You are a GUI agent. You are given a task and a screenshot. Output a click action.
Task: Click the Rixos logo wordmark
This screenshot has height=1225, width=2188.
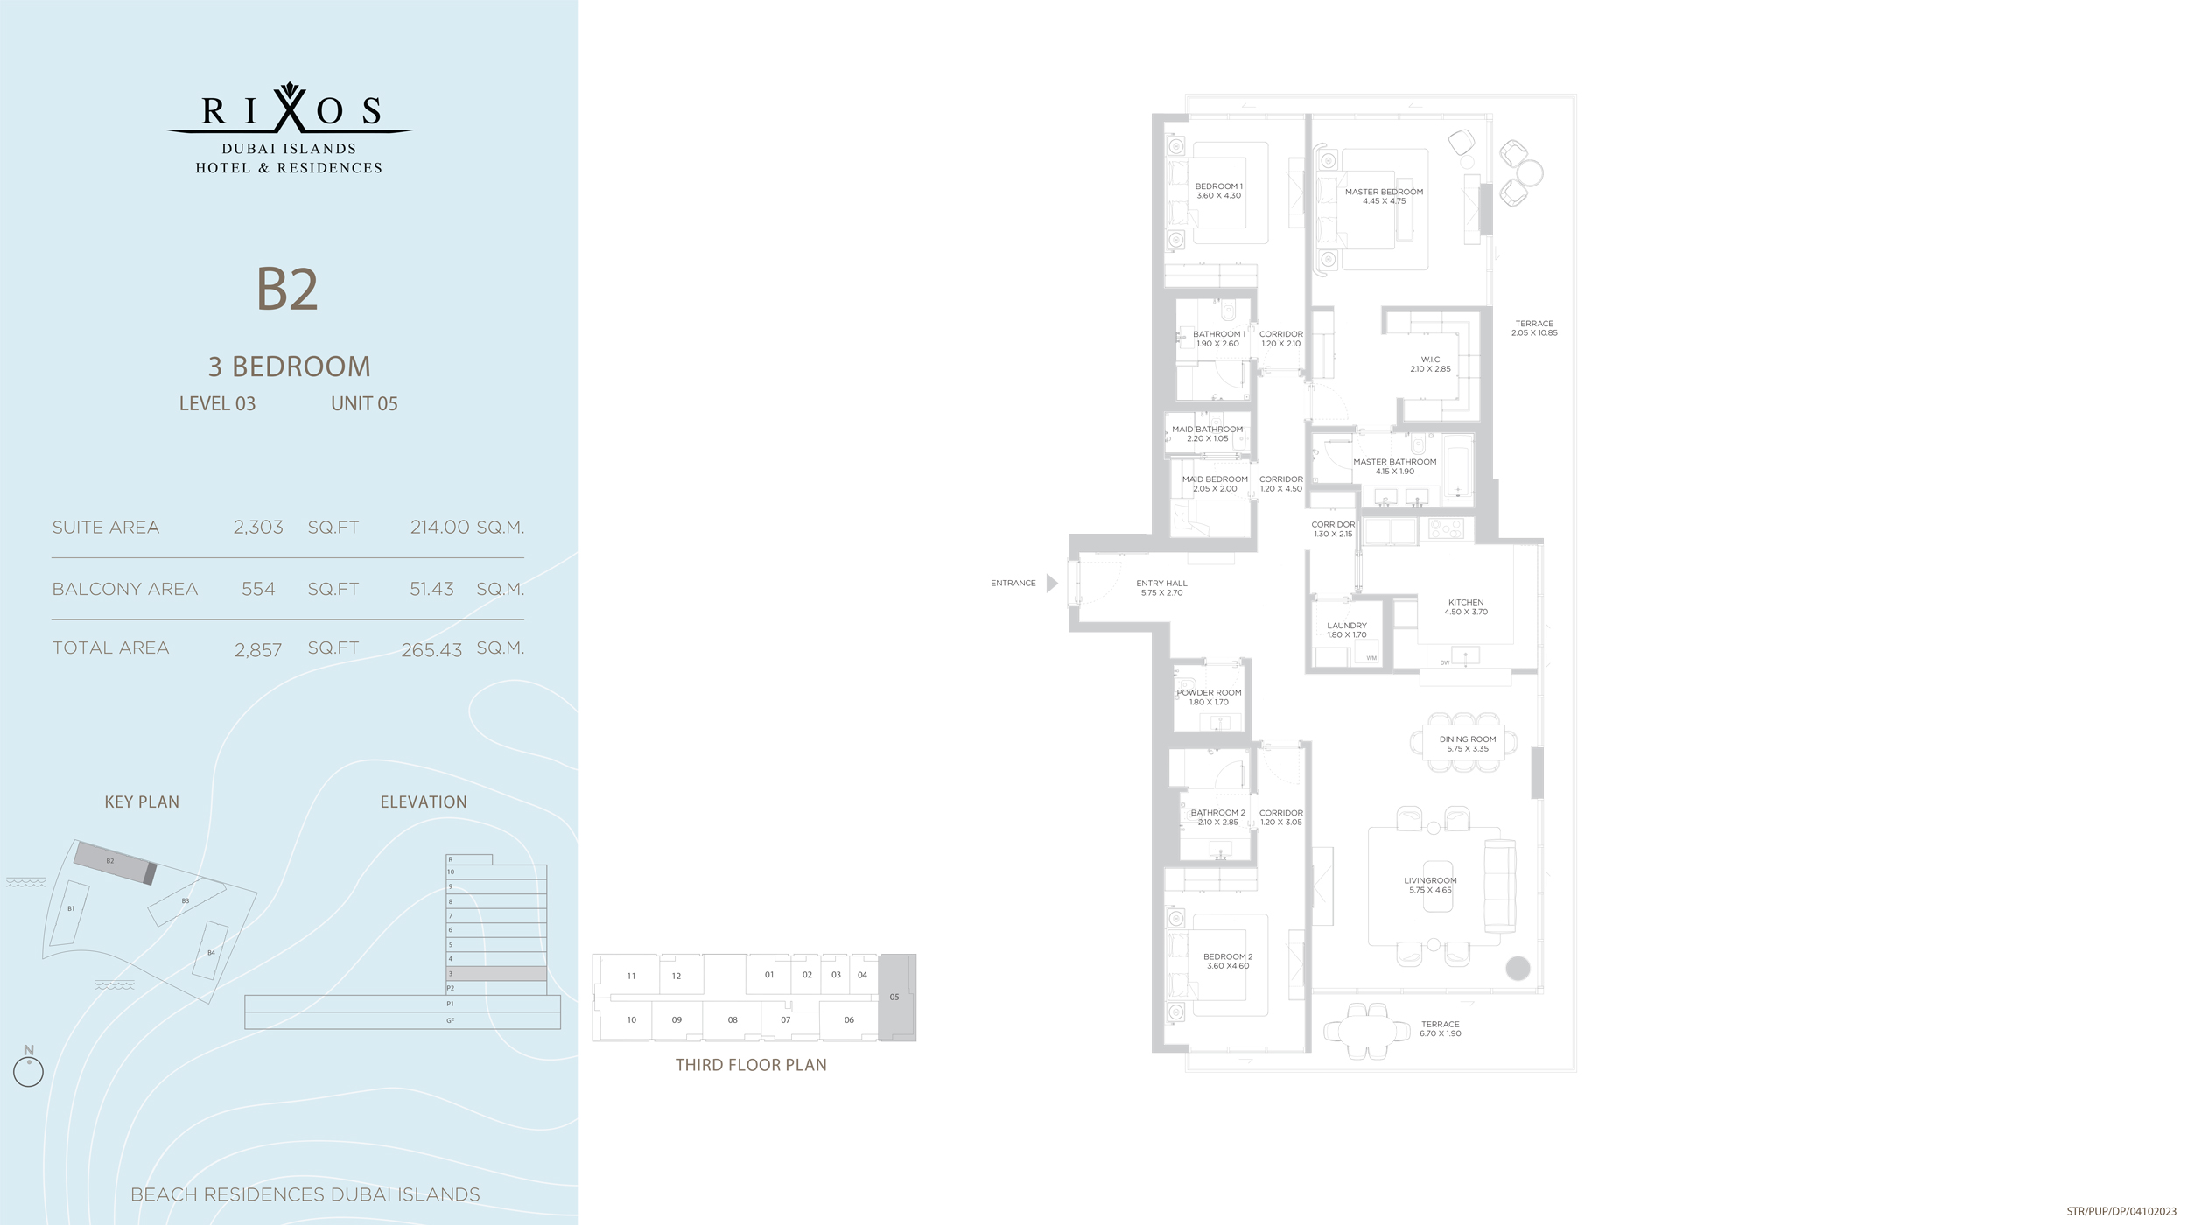coord(290,111)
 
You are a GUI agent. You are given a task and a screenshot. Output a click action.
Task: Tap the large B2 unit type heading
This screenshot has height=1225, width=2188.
coord(287,290)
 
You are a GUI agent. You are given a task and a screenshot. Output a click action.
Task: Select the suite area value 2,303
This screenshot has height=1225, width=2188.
coord(258,528)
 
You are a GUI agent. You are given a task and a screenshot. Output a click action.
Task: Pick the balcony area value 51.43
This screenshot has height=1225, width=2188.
coord(431,590)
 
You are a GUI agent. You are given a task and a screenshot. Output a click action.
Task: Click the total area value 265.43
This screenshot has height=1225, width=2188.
coord(431,650)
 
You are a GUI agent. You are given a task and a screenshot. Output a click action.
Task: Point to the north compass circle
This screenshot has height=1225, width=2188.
coord(29,1072)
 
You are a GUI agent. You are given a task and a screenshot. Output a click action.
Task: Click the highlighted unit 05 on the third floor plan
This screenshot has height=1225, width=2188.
coord(895,997)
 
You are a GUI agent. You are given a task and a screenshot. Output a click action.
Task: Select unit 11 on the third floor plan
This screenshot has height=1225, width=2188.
coord(631,976)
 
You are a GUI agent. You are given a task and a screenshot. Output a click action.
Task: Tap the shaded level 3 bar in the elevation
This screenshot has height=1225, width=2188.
coord(496,973)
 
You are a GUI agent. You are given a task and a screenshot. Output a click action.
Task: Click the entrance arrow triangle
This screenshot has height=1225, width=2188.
coord(1052,583)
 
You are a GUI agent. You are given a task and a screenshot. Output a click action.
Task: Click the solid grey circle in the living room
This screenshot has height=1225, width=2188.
coord(1518,968)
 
